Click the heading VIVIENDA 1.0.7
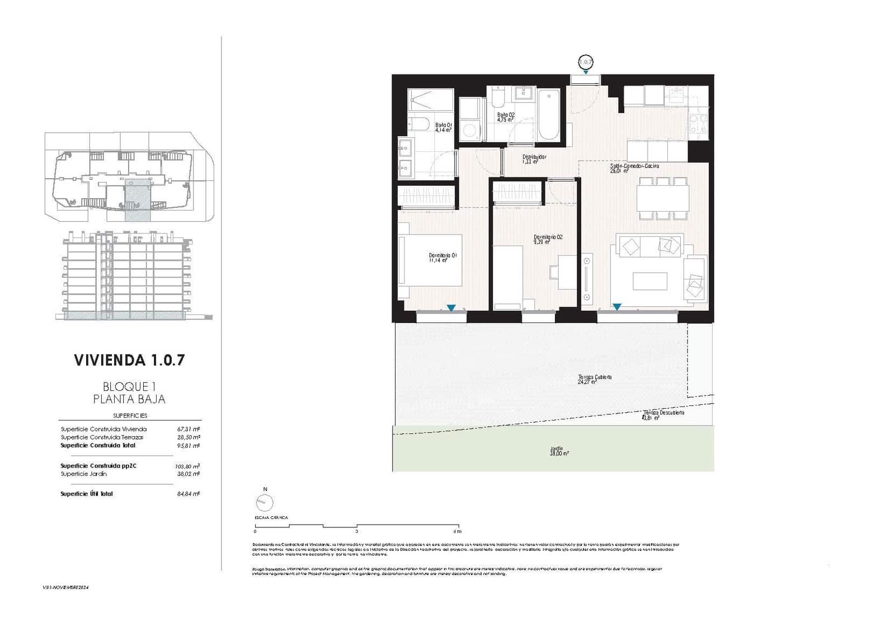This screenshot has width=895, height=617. pyautogui.click(x=129, y=360)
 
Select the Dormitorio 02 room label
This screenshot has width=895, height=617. pyautogui.click(x=548, y=240)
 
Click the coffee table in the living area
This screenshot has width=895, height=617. pyautogui.click(x=649, y=281)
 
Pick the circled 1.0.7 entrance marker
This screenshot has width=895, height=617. pyautogui.click(x=585, y=62)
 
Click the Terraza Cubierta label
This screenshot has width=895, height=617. pyautogui.click(x=594, y=379)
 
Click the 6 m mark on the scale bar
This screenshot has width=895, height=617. pyautogui.click(x=458, y=531)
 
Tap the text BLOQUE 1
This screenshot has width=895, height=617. pyautogui.click(x=129, y=387)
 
